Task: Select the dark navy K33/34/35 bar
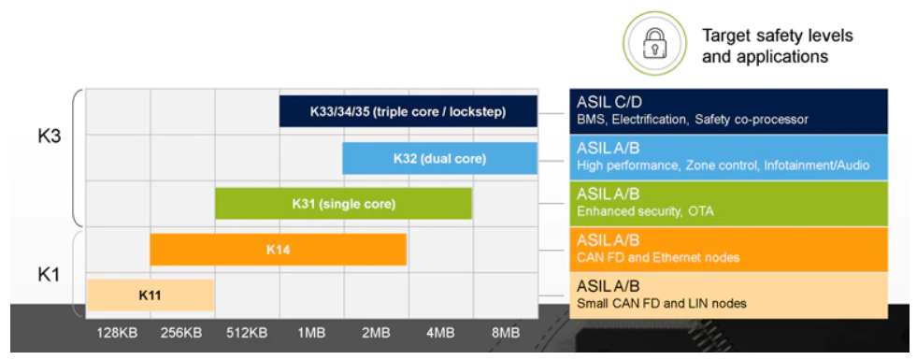coord(408,111)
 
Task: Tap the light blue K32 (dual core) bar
coord(439,158)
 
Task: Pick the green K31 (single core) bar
coord(344,204)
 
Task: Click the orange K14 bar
coord(279,250)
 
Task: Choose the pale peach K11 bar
coord(150,295)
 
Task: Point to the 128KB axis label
coord(118,334)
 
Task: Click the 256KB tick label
coord(182,334)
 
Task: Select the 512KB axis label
coord(247,334)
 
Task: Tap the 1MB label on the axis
coord(311,334)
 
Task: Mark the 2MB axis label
coord(376,334)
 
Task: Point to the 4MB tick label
coord(440,334)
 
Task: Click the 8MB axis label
coord(505,334)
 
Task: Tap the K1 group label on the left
coord(50,274)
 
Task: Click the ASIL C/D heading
coord(606,103)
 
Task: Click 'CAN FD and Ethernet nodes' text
coord(658,257)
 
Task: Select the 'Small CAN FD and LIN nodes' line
coord(662,304)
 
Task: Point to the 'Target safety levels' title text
coord(778,36)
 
